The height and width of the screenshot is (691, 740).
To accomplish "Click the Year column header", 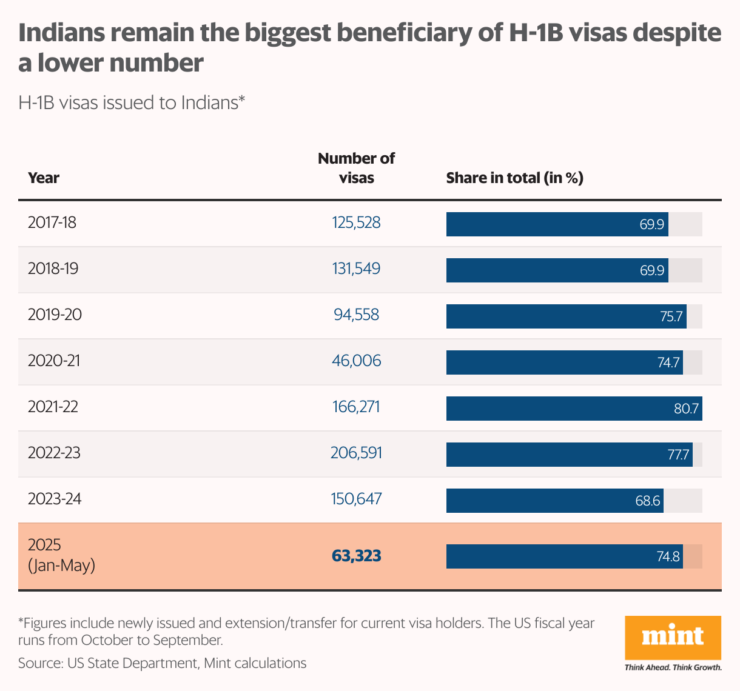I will pos(44,178).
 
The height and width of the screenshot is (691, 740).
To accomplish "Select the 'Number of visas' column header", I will pos(356,168).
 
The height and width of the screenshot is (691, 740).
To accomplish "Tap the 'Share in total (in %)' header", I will pos(514,178).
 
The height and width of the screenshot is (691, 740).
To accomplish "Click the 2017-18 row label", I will pos(52,222).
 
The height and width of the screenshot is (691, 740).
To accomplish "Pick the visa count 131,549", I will pos(356,269).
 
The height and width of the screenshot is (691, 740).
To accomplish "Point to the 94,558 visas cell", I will pos(356,315).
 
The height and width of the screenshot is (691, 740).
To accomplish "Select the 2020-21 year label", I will pos(54,361).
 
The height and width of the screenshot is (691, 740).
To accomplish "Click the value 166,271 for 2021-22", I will pos(356,407).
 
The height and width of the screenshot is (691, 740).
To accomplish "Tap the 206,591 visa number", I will pos(356,453).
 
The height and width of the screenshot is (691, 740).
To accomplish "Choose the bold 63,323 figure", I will pos(356,556).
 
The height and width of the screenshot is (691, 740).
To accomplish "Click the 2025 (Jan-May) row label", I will pos(61,555).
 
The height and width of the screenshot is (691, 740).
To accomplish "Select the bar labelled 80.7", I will pos(574,409).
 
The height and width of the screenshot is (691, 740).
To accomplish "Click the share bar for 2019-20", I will pos(566,316).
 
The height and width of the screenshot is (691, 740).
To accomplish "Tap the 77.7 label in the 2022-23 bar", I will pos(678,455).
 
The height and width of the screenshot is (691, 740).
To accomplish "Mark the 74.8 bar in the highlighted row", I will pos(564,556).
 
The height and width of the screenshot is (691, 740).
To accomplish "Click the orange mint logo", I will pos(673,638).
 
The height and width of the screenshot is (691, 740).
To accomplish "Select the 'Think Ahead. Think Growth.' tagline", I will pos(673,667).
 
